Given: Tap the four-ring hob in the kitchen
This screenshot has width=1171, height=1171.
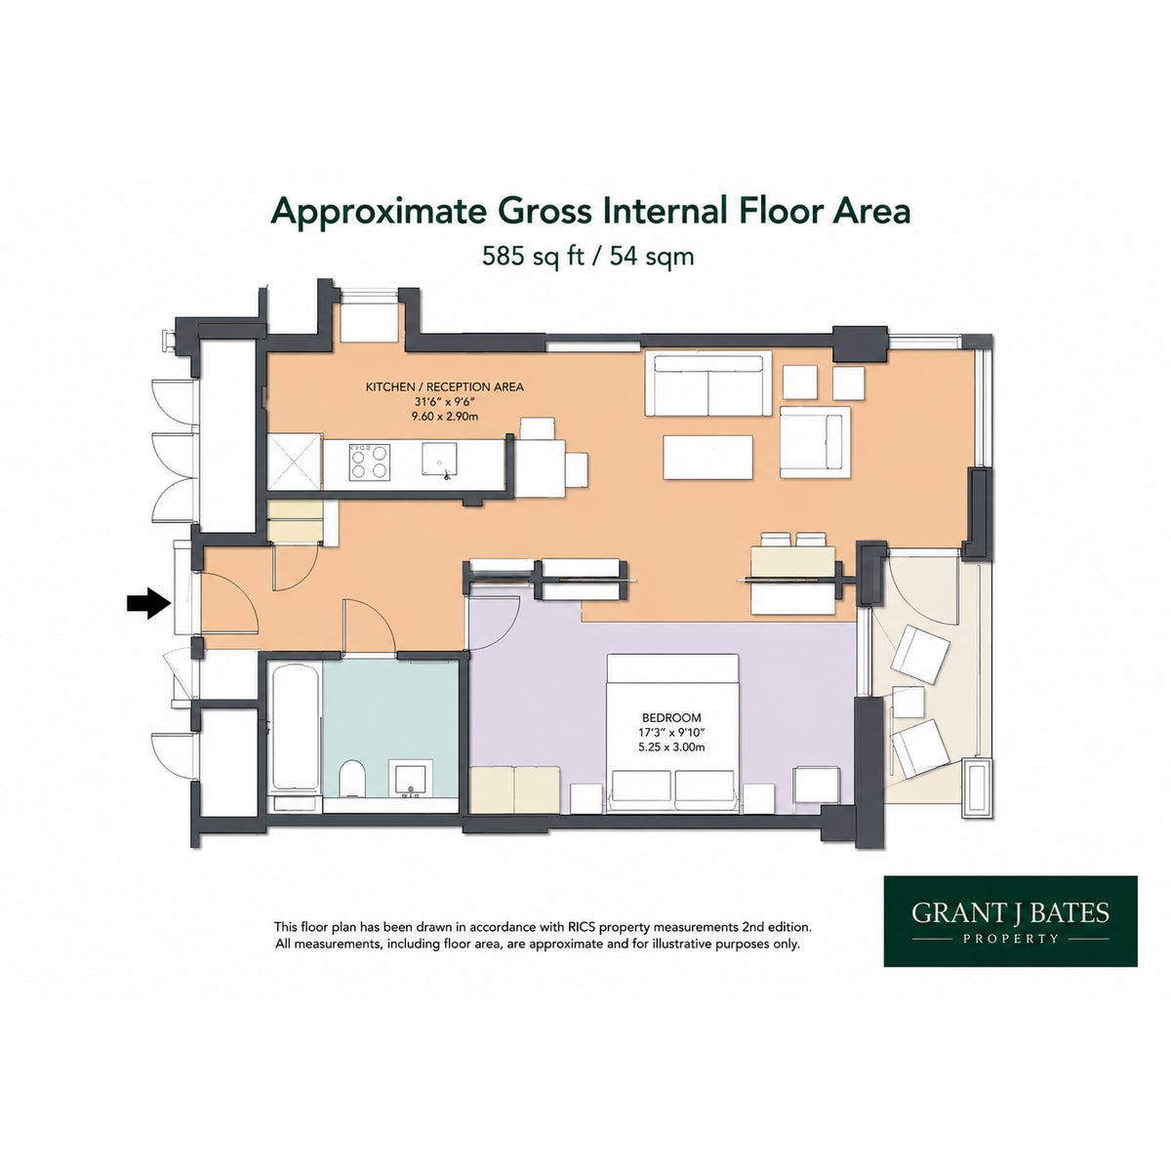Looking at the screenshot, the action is click(x=370, y=463).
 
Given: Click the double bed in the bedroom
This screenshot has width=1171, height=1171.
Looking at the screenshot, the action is click(x=673, y=734).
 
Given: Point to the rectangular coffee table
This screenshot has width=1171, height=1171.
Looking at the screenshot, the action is click(x=707, y=457).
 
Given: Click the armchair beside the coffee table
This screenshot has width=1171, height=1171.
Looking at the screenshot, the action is click(x=815, y=442).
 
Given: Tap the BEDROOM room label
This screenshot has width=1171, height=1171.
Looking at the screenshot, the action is click(x=671, y=717).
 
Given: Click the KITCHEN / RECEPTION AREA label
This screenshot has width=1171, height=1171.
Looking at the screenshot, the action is click(x=444, y=386).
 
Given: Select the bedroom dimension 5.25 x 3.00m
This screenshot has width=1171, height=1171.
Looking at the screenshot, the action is click(x=671, y=747).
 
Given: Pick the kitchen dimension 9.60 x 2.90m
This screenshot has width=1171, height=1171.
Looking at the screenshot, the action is click(x=444, y=417).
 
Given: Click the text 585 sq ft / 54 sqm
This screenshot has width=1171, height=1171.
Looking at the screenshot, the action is click(x=587, y=256).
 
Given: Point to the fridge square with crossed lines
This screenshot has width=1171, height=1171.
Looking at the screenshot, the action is click(x=295, y=462).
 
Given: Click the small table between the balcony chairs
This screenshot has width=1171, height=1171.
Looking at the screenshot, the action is click(x=908, y=702).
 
